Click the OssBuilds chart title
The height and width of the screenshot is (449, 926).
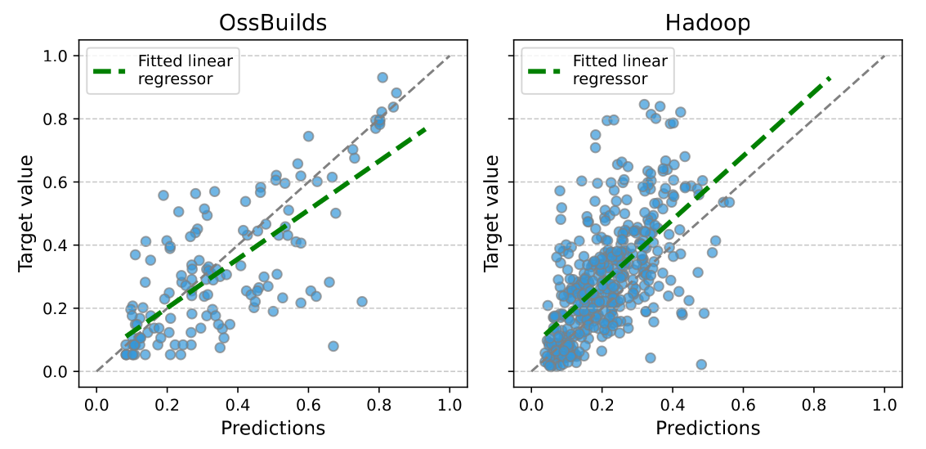[273, 22]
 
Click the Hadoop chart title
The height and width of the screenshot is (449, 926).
[708, 22]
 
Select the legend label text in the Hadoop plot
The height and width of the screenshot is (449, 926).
[620, 70]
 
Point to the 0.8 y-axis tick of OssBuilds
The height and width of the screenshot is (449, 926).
[58, 119]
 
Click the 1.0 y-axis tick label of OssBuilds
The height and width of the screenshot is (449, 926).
[58, 56]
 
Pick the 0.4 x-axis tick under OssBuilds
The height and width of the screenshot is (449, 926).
[238, 404]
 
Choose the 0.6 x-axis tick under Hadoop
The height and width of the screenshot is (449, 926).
[743, 404]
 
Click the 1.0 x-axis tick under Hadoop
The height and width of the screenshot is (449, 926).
[884, 404]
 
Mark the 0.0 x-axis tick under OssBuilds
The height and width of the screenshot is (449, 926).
[96, 404]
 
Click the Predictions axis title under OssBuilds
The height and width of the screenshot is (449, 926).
[273, 428]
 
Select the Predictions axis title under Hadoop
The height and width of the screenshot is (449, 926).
[708, 428]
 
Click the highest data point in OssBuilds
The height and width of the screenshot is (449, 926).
[382, 78]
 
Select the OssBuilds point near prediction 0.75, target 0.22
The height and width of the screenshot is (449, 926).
[361, 302]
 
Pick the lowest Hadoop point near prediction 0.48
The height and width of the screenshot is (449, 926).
[700, 364]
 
